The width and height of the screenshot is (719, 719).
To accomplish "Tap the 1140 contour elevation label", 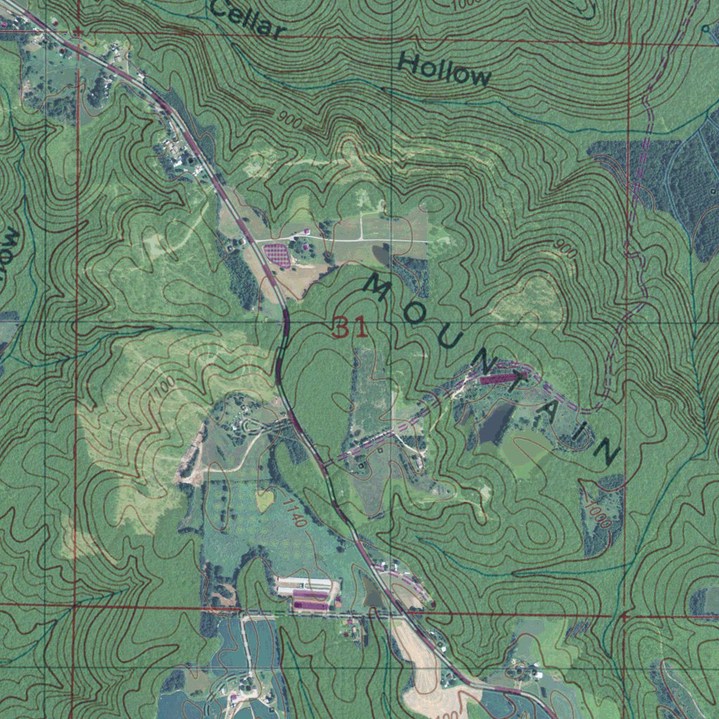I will tap(295, 513).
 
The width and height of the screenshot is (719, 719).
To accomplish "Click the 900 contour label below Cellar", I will tap(289, 121).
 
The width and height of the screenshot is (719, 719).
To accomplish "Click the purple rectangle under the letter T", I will tap(500, 378).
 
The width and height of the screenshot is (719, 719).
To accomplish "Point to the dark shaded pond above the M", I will tap(383, 253).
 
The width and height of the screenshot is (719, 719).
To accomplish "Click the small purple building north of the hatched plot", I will tap(305, 232).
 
